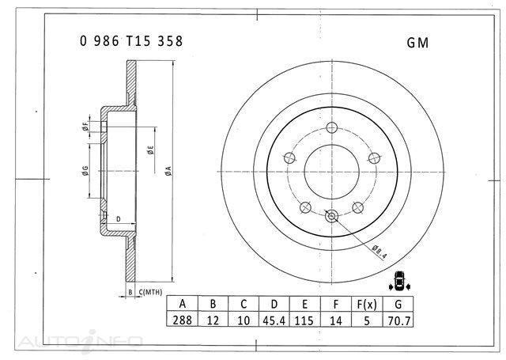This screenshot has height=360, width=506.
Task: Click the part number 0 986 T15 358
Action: [131, 43]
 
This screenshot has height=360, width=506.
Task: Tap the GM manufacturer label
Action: [417, 43]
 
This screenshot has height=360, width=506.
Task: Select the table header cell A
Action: [183, 305]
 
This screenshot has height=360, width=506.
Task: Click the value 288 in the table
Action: [183, 320]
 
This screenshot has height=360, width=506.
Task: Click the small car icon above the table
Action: [400, 280]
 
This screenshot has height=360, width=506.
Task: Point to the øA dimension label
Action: [168, 169]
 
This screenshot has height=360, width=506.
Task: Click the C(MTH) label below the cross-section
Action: [150, 293]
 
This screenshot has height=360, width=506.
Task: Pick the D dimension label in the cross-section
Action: [118, 219]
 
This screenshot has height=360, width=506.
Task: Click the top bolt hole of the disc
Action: [331, 129]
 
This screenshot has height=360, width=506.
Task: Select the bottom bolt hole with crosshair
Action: [331, 213]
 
